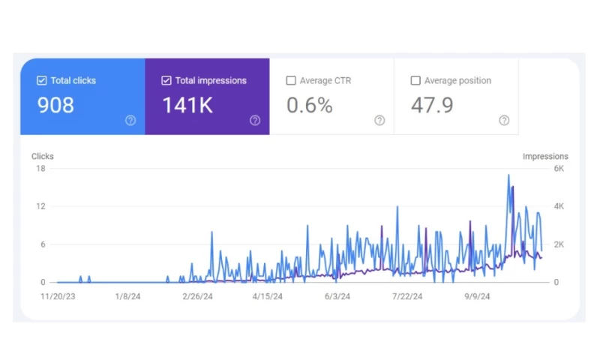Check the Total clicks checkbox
(42, 80)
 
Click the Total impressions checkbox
(166, 80)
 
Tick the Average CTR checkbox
(291, 80)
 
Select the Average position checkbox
(415, 80)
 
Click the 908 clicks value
(55, 106)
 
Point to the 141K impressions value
(187, 106)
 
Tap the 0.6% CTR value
(309, 106)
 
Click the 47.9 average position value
(432, 106)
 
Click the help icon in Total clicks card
(130, 120)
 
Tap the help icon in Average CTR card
(379, 120)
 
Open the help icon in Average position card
(504, 120)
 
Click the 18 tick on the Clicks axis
(41, 169)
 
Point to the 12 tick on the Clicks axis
(41, 206)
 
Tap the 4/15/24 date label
(268, 296)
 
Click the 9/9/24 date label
(477, 296)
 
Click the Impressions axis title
(545, 156)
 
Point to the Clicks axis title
(43, 156)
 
